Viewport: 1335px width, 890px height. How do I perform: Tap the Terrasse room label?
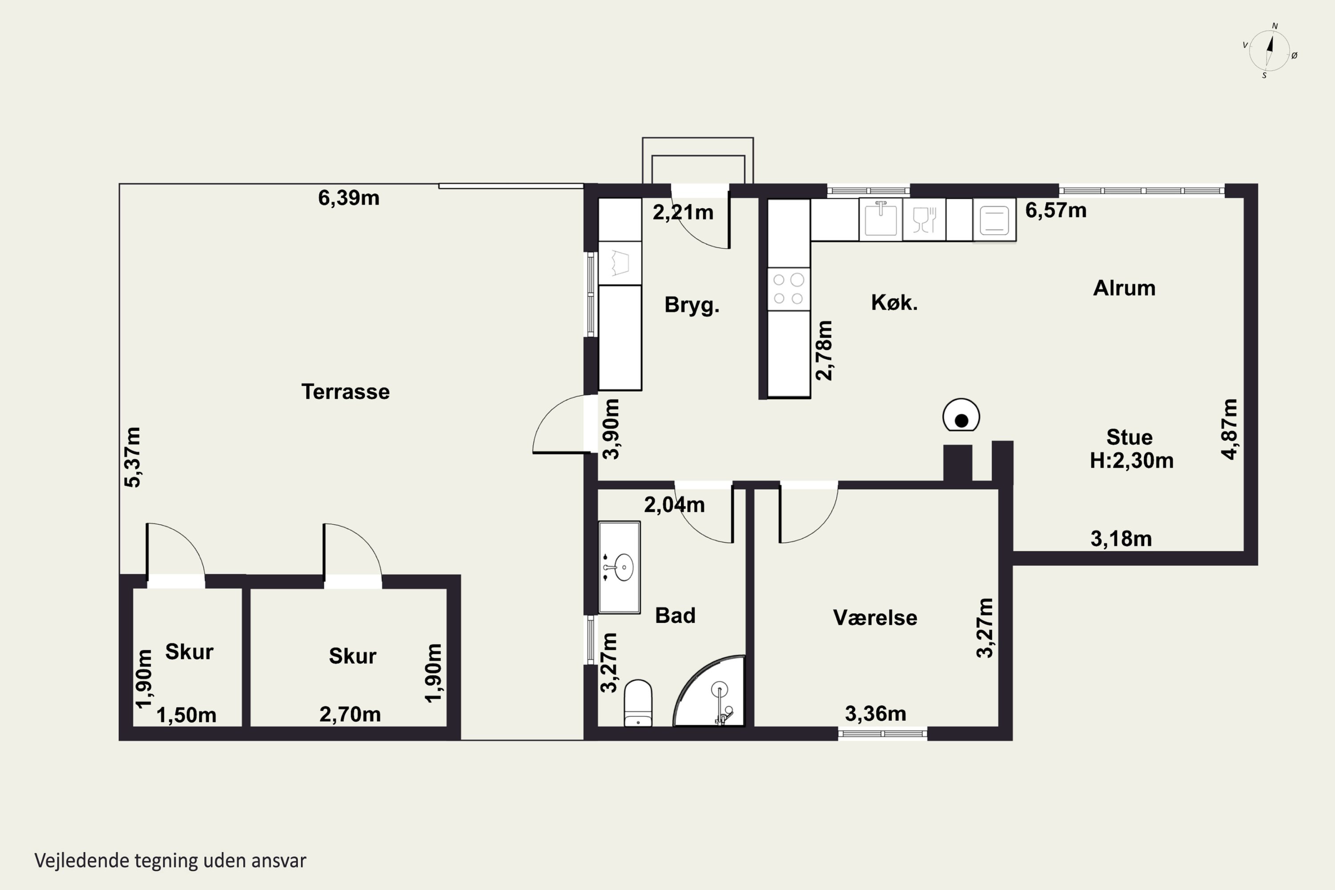345,392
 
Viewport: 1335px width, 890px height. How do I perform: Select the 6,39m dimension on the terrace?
348,198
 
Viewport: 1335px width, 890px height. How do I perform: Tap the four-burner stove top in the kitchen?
789,289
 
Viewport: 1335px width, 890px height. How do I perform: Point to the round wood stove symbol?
961,416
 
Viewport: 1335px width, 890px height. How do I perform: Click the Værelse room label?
875,618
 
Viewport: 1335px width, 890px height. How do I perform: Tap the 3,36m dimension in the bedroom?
875,713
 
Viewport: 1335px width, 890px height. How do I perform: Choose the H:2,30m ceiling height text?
1131,460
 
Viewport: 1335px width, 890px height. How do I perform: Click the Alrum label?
1124,288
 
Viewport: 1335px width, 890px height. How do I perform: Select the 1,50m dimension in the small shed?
186,715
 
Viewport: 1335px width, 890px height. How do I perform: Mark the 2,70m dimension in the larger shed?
350,714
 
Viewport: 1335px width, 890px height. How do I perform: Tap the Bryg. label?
692,305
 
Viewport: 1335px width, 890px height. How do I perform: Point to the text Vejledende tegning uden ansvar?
170,861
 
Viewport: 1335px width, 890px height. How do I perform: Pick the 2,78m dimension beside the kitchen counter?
824,350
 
